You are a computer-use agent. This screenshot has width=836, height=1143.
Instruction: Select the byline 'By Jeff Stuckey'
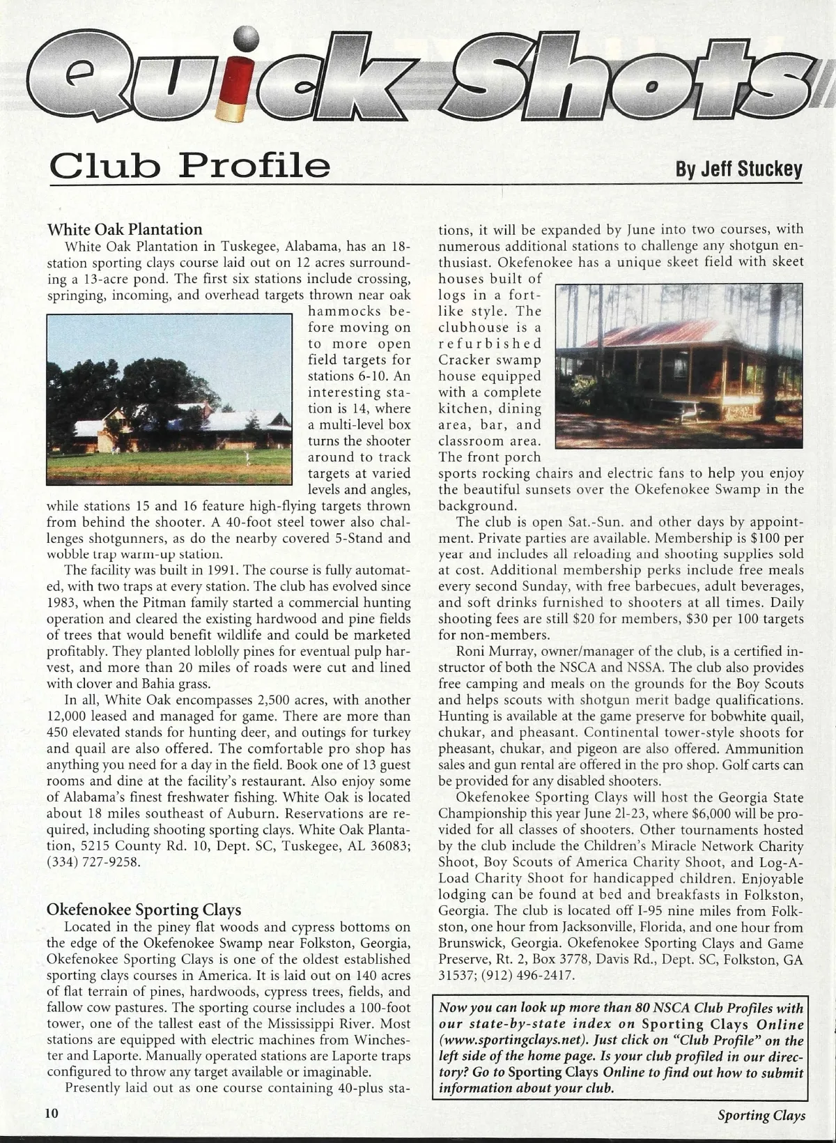point(739,169)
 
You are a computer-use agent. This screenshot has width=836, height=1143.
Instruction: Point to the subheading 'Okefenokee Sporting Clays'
point(144,910)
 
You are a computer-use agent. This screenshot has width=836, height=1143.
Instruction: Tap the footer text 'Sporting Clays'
point(761,1114)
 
